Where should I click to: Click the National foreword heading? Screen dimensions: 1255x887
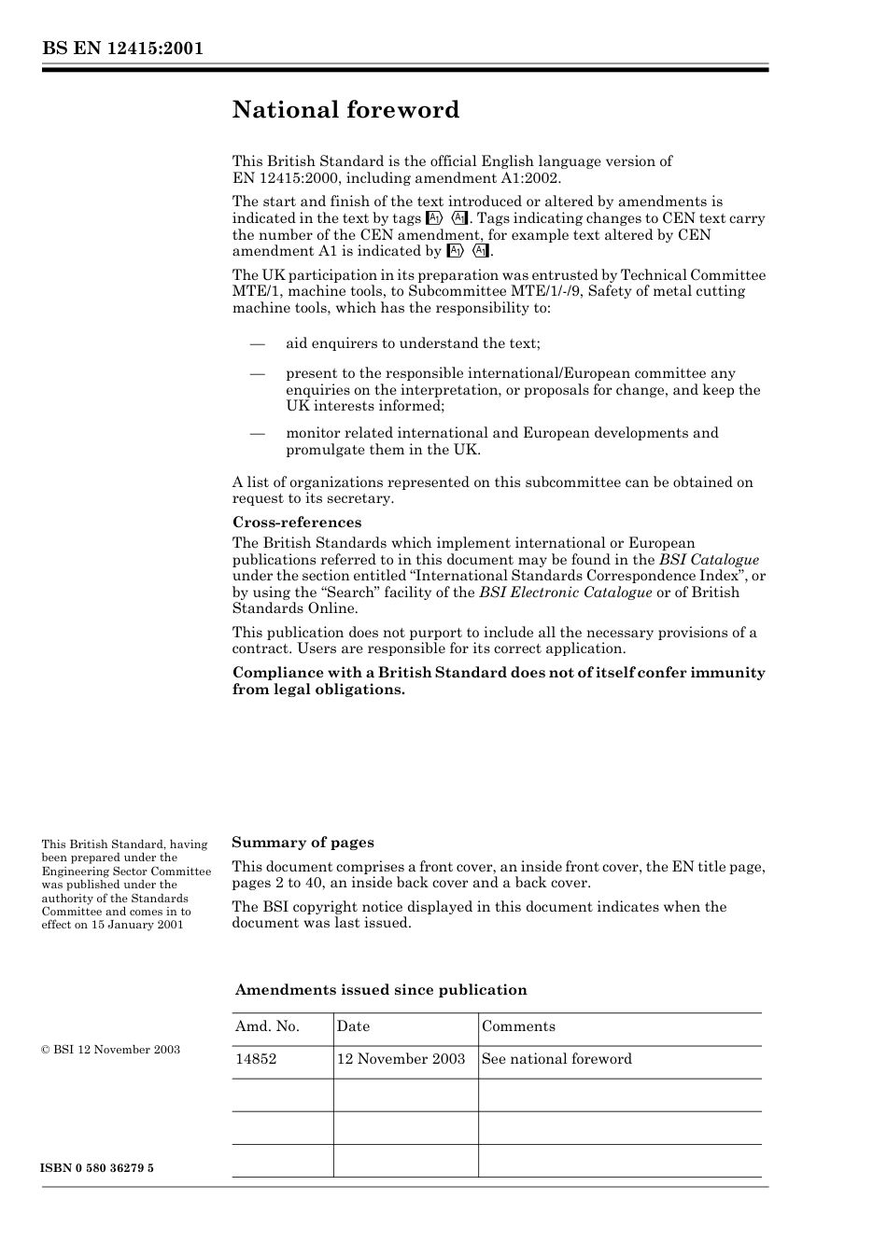point(345,110)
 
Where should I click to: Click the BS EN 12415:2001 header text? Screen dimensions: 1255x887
point(122,49)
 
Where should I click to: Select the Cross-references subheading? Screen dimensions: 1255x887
point(296,523)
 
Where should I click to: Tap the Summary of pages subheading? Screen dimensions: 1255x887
point(303,843)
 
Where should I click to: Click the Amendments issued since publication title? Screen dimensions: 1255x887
point(380,990)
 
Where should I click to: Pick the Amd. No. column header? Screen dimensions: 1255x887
point(267,1026)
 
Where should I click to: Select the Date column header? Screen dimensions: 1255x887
point(353,1026)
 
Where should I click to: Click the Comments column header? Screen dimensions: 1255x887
point(518,1026)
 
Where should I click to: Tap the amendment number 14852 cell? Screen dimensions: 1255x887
point(256,1059)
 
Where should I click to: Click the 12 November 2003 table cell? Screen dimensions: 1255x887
point(401,1059)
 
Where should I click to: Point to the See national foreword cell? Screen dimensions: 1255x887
point(556,1059)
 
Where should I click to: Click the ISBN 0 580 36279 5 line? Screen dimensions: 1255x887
point(98,1168)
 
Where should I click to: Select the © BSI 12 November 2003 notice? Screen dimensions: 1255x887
point(111,1050)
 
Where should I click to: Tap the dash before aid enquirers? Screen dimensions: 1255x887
point(258,343)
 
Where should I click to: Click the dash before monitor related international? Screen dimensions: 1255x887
point(258,433)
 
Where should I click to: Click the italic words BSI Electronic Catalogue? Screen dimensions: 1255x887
point(565,593)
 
